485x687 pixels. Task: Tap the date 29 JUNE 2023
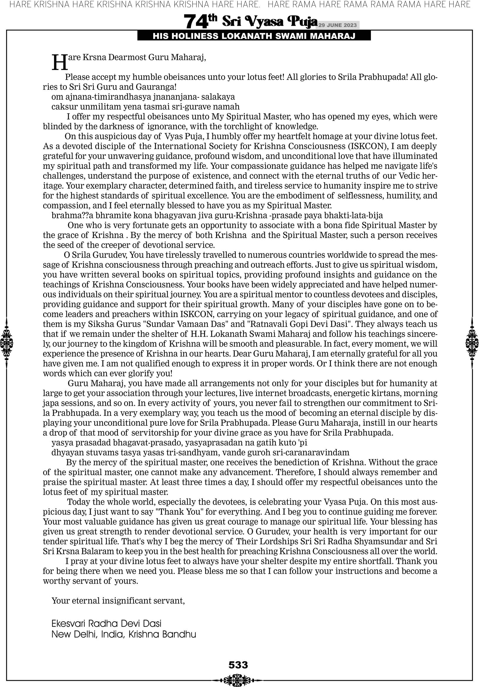click(x=337, y=25)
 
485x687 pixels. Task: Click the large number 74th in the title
click(x=200, y=21)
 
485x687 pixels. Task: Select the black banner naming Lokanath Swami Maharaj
click(x=254, y=36)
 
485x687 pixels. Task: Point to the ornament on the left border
click(x=6, y=343)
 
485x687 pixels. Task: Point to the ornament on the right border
click(x=472, y=343)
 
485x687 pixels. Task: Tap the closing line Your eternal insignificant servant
click(x=118, y=600)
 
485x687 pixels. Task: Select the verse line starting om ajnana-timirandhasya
click(x=143, y=97)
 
